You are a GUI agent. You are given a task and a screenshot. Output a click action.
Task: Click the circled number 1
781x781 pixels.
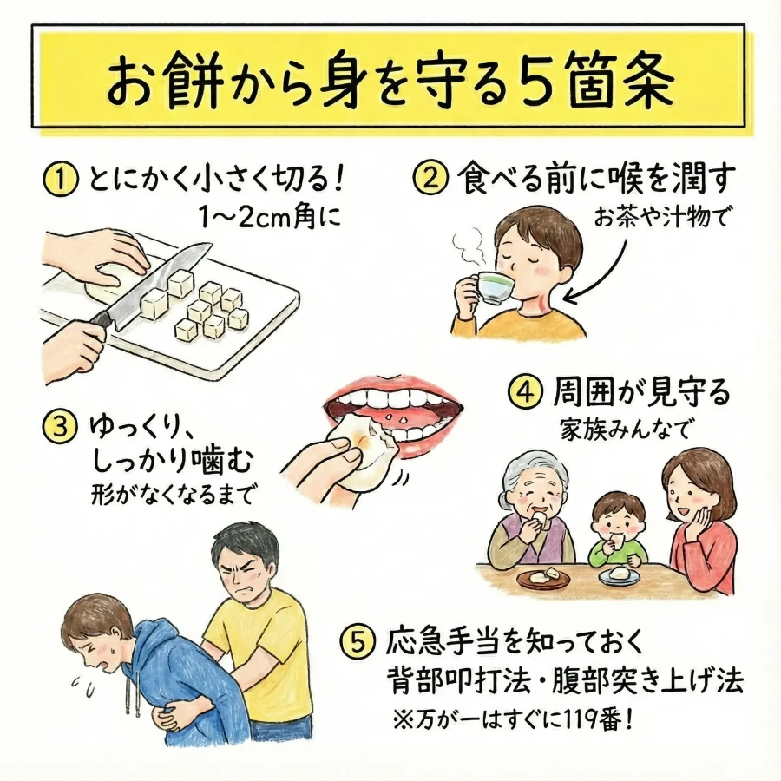click(61, 180)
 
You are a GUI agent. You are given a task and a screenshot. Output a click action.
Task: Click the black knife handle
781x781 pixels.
click(102, 319)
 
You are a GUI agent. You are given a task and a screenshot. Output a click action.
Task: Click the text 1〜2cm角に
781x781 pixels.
click(270, 218)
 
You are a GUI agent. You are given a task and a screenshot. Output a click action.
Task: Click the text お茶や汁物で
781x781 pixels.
click(661, 218)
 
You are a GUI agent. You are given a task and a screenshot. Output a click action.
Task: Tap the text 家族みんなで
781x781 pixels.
click(625, 428)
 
